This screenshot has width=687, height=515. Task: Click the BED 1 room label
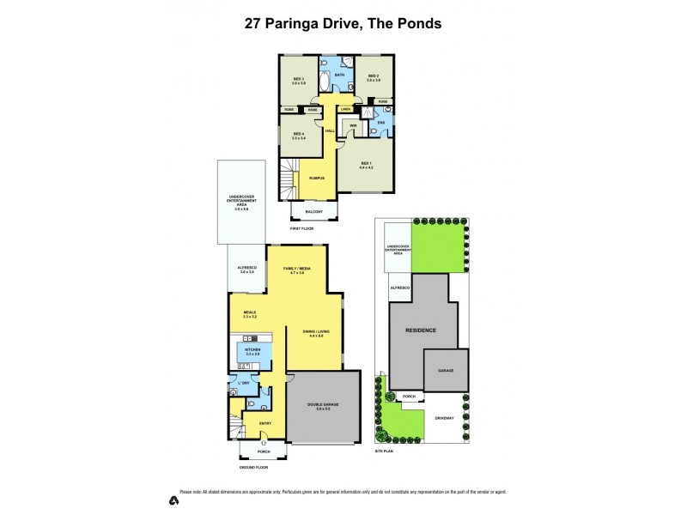click(x=366, y=162)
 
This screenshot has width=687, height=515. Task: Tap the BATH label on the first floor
click(x=339, y=76)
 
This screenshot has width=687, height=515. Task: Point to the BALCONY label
click(x=314, y=212)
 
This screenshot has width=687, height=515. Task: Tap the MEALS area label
click(x=250, y=313)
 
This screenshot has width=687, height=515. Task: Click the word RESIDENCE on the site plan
click(x=422, y=330)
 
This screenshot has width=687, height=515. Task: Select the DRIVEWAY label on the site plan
click(x=444, y=418)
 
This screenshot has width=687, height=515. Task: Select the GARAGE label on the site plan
click(x=446, y=370)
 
